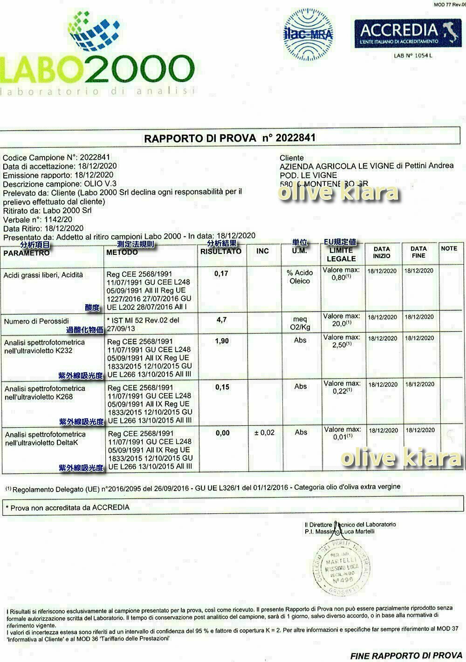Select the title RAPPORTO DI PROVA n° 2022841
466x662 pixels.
[x=230, y=138]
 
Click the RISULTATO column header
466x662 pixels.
[x=221, y=251]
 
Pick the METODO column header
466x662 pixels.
[x=122, y=252]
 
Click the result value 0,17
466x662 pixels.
[x=221, y=273]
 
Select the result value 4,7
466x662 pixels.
[x=222, y=320]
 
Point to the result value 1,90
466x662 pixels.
[x=222, y=341]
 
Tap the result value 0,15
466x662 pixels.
[x=222, y=387]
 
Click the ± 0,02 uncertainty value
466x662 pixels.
[x=264, y=433]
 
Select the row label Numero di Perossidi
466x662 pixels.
[x=36, y=321]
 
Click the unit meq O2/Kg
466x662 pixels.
[x=300, y=323]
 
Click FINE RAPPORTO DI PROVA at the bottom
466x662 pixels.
[x=406, y=656]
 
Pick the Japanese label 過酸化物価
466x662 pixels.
[x=85, y=330]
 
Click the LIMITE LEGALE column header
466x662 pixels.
[x=341, y=254]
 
